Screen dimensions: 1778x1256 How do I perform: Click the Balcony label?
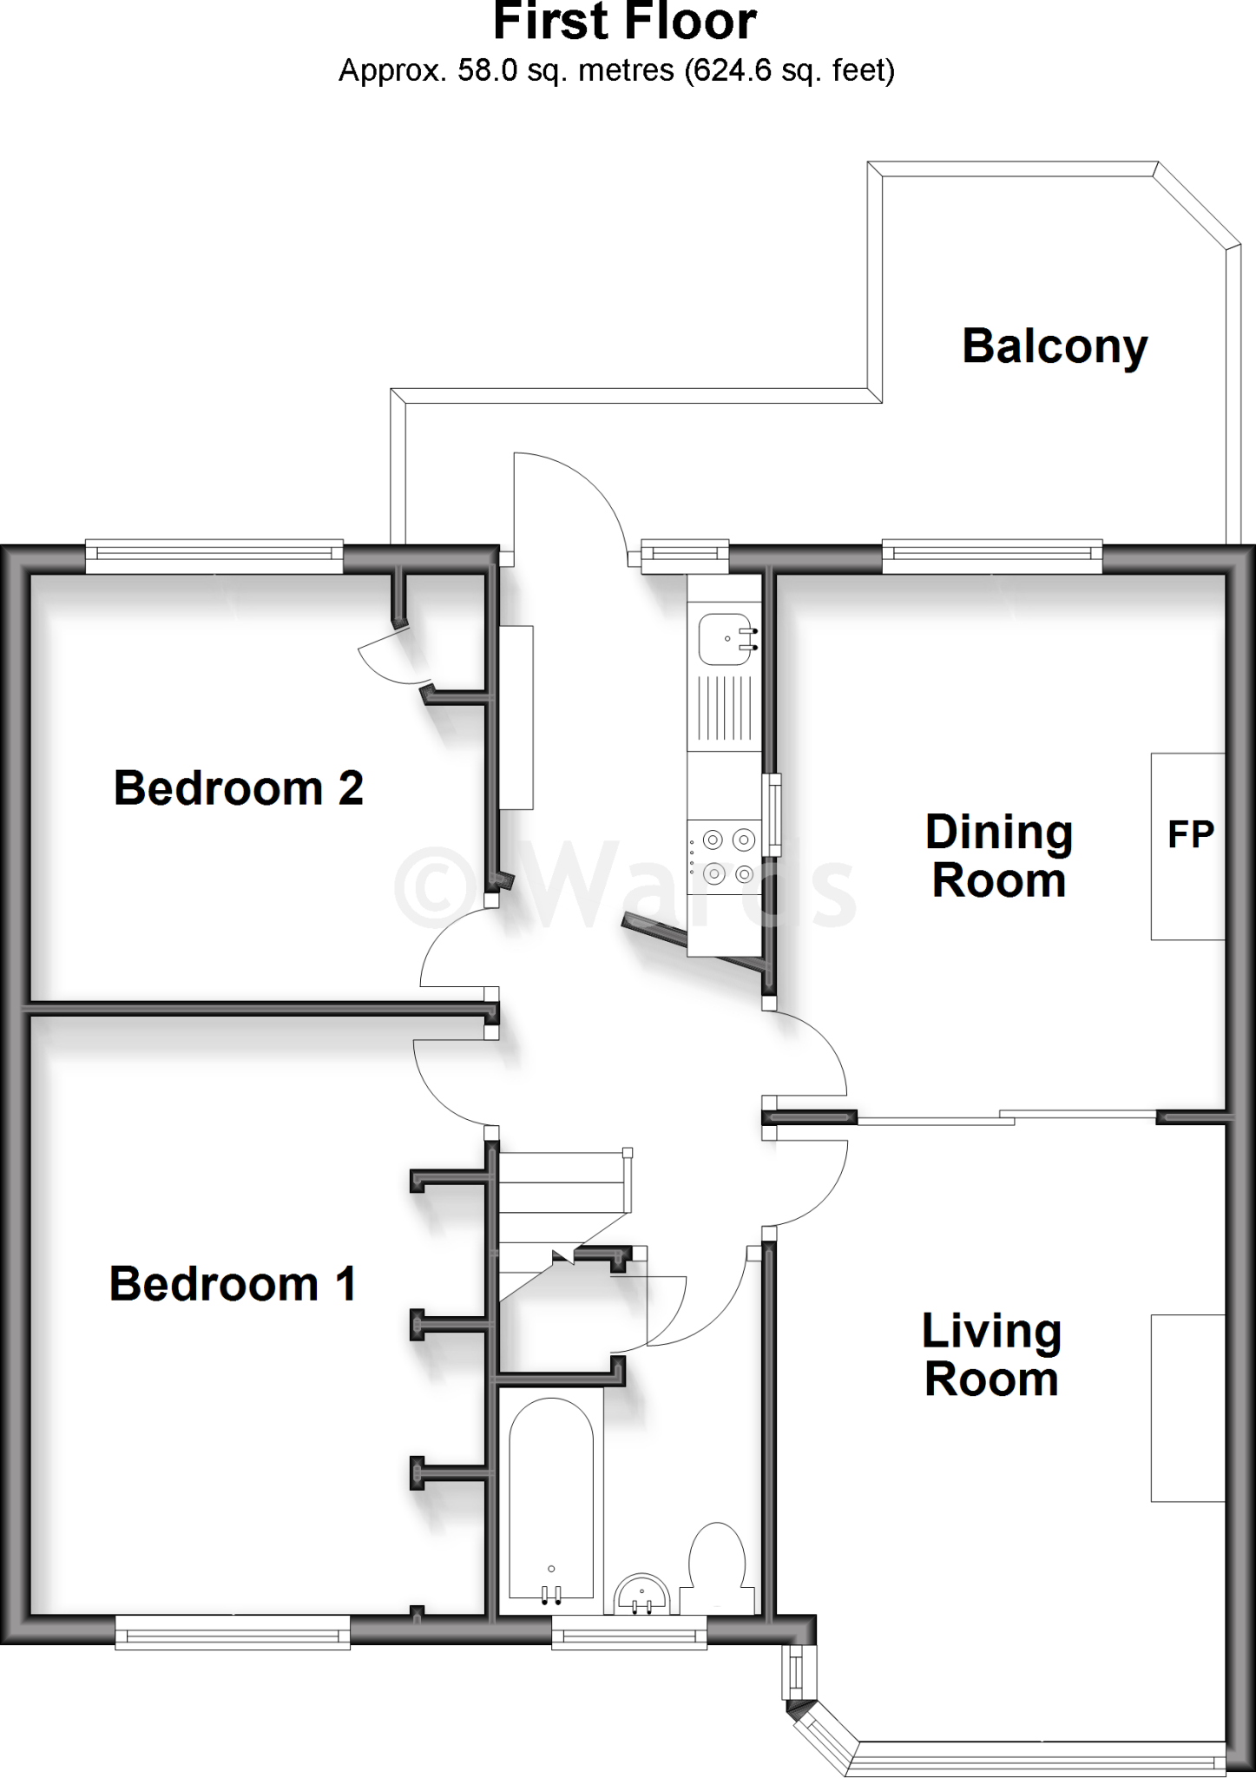click(1054, 346)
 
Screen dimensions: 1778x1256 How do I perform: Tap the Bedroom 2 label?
click(238, 788)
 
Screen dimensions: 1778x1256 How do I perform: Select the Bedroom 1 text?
click(232, 1284)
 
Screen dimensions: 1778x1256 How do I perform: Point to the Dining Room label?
click(998, 856)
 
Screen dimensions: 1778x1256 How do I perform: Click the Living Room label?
click(991, 1355)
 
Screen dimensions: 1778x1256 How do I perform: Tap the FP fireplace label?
click(1190, 834)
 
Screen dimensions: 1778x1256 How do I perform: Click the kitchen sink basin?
click(724, 638)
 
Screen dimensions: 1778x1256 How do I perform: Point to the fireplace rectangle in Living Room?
click(1187, 1407)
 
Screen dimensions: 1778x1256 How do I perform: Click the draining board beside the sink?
click(724, 708)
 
